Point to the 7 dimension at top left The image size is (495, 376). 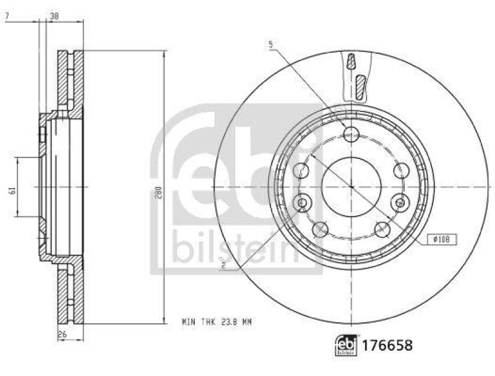[7, 17]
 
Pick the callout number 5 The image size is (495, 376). [271, 44]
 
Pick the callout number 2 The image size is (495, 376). [223, 267]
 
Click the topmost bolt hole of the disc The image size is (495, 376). [351, 133]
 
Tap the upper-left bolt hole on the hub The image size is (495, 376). [302, 170]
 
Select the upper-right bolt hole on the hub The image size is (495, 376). [400, 170]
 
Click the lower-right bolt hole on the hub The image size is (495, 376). [381, 229]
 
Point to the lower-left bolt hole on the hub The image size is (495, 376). [320, 229]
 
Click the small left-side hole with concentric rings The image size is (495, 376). [303, 202]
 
